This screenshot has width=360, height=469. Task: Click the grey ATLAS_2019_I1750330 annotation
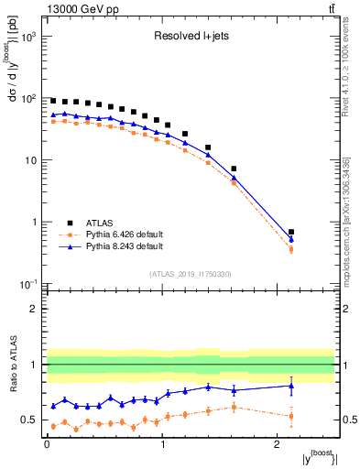tap(190, 273)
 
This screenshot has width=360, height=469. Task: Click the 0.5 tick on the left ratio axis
tap(28, 420)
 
